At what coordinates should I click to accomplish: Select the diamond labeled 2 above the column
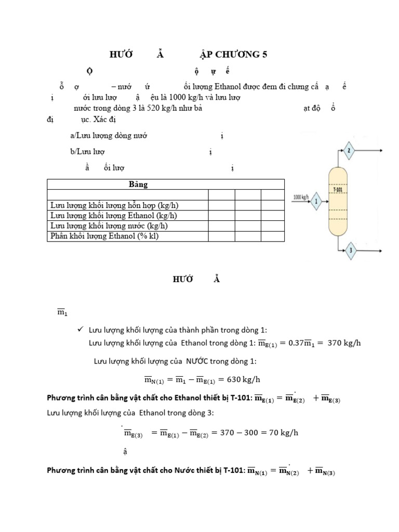(349, 151)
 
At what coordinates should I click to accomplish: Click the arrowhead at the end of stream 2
(382, 151)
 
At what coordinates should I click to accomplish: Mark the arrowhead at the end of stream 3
(382, 249)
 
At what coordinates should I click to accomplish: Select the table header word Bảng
(138, 184)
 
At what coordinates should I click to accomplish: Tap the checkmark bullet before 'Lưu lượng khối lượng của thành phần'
(80, 330)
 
